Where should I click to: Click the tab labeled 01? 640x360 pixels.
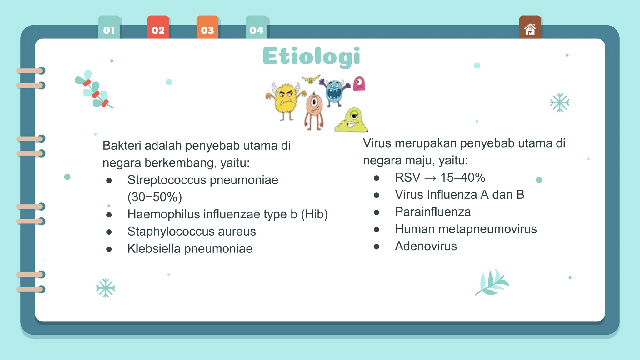coord(109,29)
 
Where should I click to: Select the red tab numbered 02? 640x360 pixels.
coord(158,29)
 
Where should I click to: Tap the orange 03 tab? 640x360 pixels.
coord(207,29)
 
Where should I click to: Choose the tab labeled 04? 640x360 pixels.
coord(257,29)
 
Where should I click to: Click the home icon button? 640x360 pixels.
coord(530,29)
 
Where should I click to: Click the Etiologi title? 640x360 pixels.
coord(312,56)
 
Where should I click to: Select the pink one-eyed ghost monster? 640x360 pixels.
coord(359,83)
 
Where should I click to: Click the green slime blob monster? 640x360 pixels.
coord(352,121)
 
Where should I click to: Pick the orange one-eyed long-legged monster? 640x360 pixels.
coord(314,111)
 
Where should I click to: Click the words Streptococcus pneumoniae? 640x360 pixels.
coord(202,180)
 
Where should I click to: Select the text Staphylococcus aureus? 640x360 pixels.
coord(192,232)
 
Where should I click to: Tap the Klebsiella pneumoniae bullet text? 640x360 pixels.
coord(190,249)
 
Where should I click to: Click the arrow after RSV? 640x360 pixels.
coord(430,178)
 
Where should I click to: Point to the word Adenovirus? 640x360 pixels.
coord(426,246)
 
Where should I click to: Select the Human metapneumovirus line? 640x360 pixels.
coord(466,229)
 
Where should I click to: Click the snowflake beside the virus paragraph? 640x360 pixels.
coord(559,102)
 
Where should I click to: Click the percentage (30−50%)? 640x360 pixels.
coord(155,197)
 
